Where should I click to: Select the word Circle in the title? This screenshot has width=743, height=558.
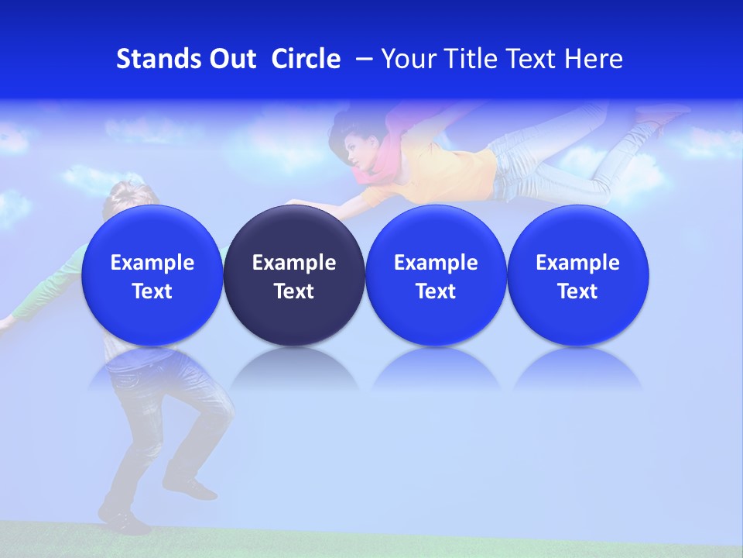pos(306,59)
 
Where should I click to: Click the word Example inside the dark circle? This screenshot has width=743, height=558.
pos(294,263)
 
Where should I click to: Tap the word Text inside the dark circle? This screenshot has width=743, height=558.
pos(294,291)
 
